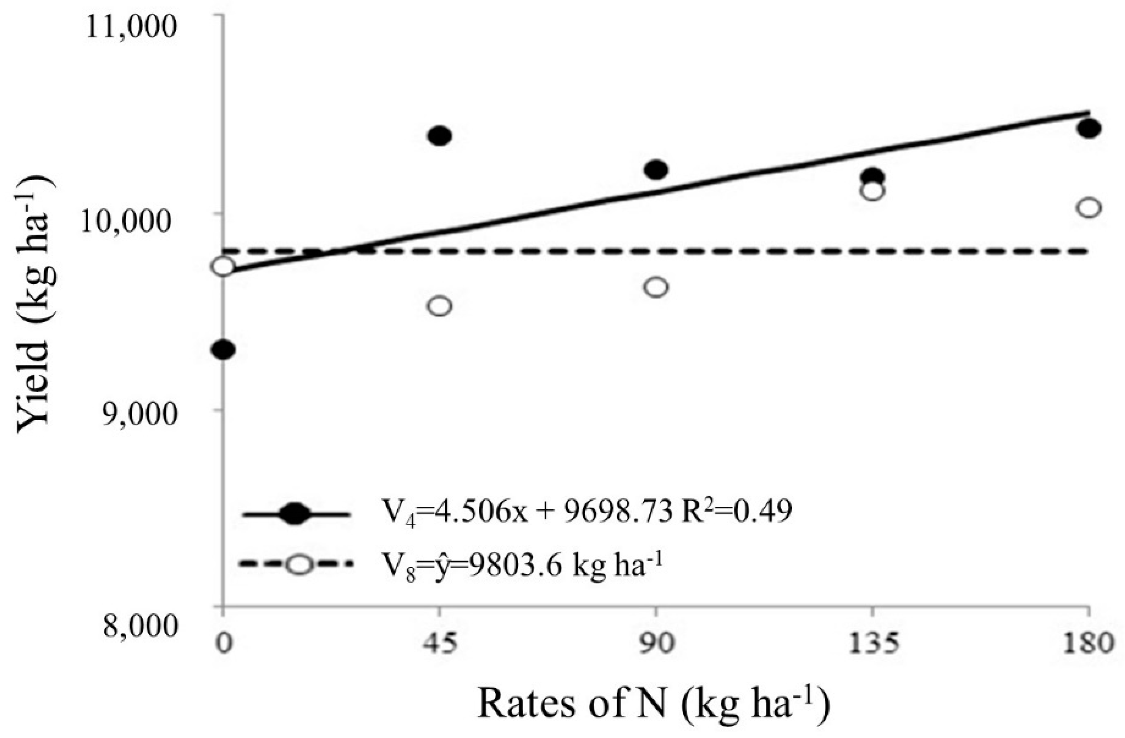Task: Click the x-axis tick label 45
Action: coord(440,644)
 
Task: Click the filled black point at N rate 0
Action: coord(223,350)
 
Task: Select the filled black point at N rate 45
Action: coord(440,136)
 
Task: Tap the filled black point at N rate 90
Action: coord(656,169)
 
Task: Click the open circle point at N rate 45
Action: coord(440,306)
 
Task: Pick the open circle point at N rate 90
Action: coord(656,287)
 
